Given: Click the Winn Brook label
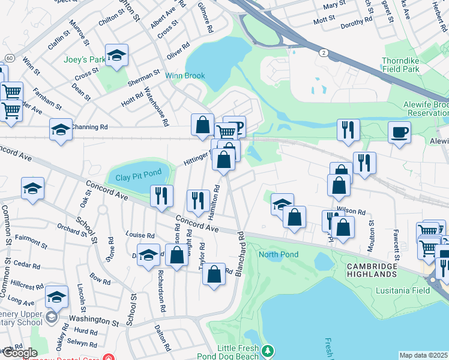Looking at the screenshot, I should pos(185,76).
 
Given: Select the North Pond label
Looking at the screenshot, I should pos(278,254).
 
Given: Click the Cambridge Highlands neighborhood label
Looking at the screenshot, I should pos(372,270).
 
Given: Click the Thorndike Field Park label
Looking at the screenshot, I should pos(414,65).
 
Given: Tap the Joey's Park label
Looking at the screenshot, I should pos(85,59).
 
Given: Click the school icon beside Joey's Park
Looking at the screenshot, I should pos(117,56).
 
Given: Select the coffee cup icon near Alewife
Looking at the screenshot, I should pos(400,133).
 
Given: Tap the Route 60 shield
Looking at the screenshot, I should pos(10,57).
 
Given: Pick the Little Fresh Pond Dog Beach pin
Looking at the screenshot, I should pos(269,350).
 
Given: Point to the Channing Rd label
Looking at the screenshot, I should pos(89,127).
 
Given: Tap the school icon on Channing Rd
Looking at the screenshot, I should pos(61,130).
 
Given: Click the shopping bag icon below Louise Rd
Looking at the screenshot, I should pos(177,256).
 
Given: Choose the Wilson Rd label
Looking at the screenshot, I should pos(351,212).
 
